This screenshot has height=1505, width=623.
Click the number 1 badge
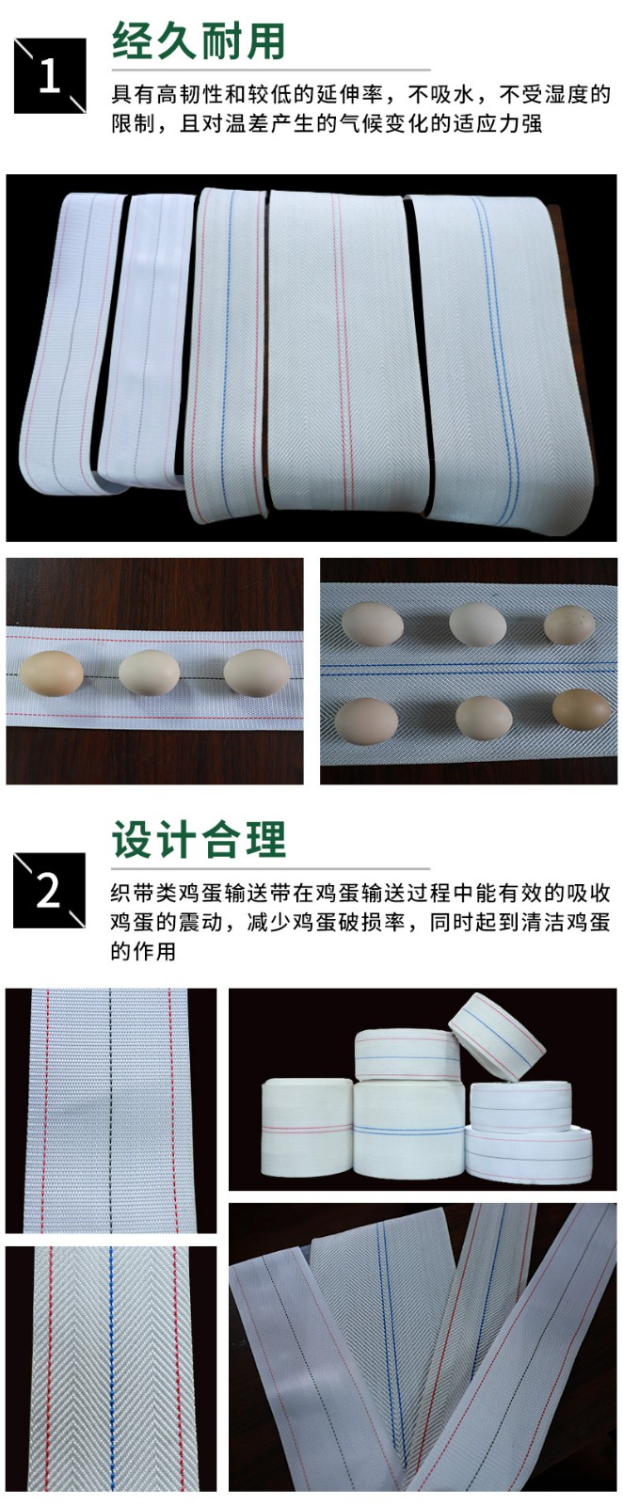tap(50, 75)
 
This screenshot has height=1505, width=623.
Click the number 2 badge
tap(50, 890)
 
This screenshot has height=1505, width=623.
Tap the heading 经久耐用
tap(199, 40)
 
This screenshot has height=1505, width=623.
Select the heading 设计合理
tap(199, 839)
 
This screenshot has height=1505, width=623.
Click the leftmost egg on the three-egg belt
tap(51, 673)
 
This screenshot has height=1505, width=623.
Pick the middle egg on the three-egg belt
tap(150, 673)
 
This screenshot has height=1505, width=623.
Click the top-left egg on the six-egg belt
tap(367, 624)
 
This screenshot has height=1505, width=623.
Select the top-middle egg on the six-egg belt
tap(478, 624)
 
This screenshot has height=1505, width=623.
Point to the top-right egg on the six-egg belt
tap(570, 625)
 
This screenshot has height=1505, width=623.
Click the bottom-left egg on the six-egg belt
tap(366, 721)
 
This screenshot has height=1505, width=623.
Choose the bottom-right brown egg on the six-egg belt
tap(582, 709)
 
